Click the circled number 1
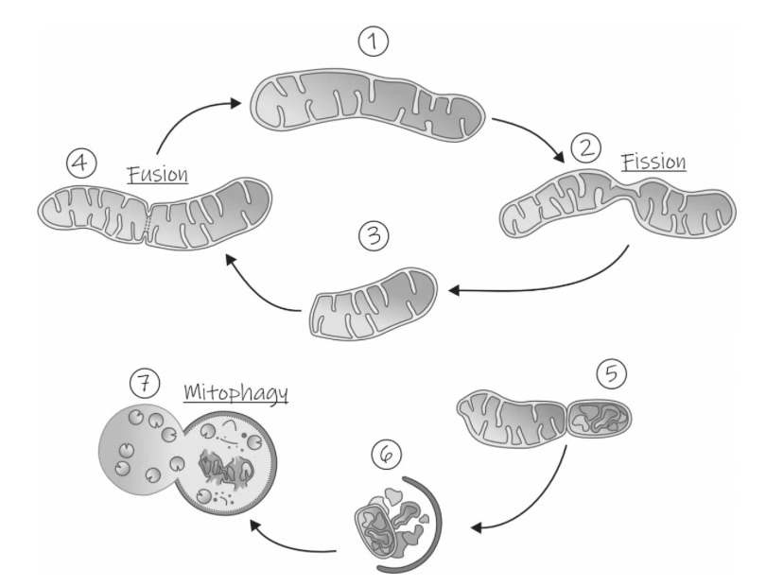pos(374,43)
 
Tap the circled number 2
pos(585,148)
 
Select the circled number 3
pos(374,236)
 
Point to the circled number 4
pos(80,164)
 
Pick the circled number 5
pos(612,374)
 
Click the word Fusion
pos(158,175)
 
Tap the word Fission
pos(653,162)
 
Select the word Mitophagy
pos(235,391)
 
